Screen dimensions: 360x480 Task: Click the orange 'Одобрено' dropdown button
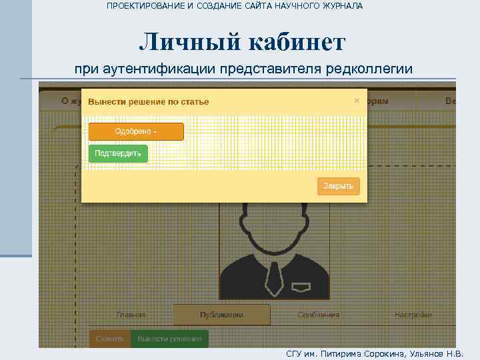pos(136,131)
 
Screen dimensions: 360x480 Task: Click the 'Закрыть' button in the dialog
pos(338,186)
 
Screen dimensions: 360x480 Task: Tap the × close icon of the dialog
pos(357,101)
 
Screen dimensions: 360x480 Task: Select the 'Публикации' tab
pos(221,315)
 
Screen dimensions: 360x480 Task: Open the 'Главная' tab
pos(131,315)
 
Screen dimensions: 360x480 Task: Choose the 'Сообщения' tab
pos(319,315)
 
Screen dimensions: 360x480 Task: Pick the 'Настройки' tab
pos(413,315)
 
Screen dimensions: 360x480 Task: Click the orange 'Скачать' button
pos(109,339)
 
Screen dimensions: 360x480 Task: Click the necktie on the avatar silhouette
pos(273,279)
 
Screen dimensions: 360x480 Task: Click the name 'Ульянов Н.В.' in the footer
pos(438,353)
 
